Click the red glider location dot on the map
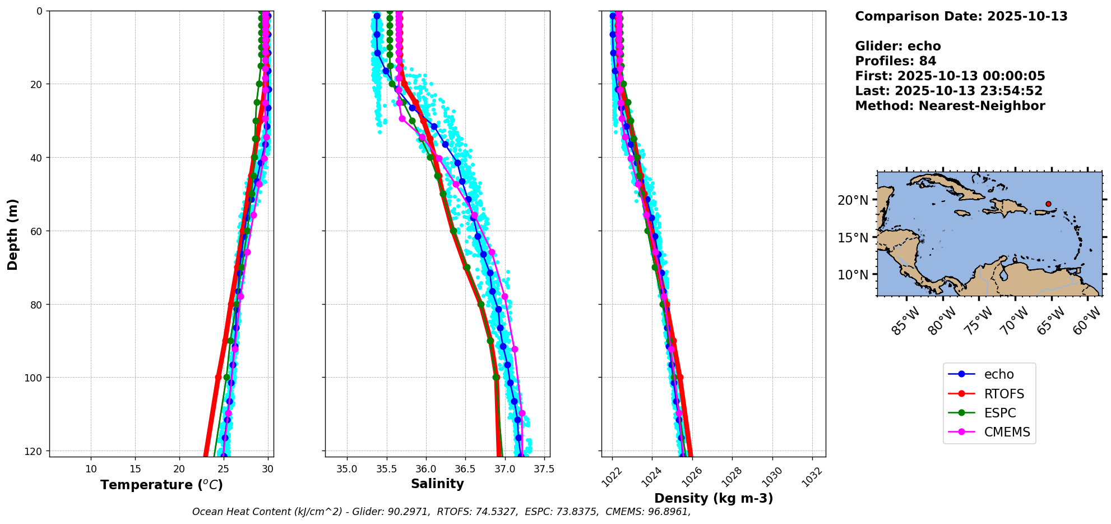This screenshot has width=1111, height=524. (1048, 204)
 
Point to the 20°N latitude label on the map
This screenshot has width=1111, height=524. (853, 200)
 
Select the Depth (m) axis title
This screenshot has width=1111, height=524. (13, 234)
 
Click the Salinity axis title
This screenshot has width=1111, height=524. (437, 484)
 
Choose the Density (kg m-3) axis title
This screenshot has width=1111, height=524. (714, 498)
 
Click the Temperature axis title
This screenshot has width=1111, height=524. (161, 485)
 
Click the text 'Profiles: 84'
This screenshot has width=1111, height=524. (895, 61)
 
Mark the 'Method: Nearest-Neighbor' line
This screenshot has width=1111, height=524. (950, 106)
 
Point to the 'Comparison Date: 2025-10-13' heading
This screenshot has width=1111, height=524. (961, 16)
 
